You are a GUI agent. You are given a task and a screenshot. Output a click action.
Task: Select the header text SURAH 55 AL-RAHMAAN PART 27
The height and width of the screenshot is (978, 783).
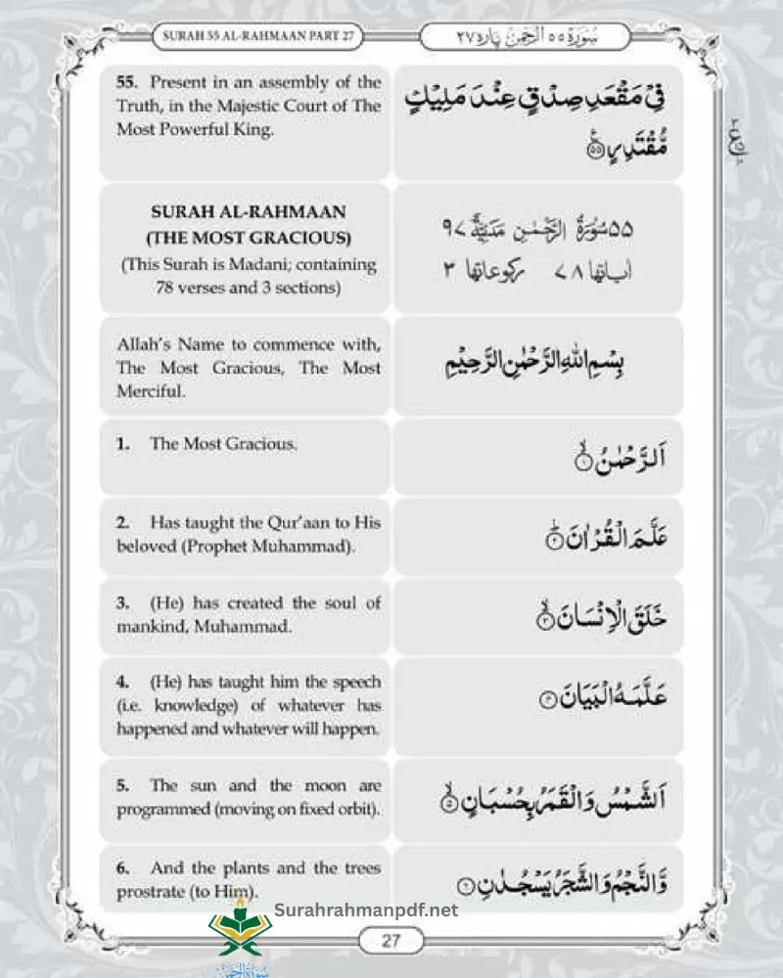[x=257, y=36]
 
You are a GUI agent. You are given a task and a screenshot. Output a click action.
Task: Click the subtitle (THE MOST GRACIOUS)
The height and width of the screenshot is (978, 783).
[x=249, y=238]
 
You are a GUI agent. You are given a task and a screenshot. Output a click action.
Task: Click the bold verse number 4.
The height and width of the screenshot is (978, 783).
[x=122, y=681]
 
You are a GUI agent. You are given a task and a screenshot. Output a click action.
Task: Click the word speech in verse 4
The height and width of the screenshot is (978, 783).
[x=356, y=681]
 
